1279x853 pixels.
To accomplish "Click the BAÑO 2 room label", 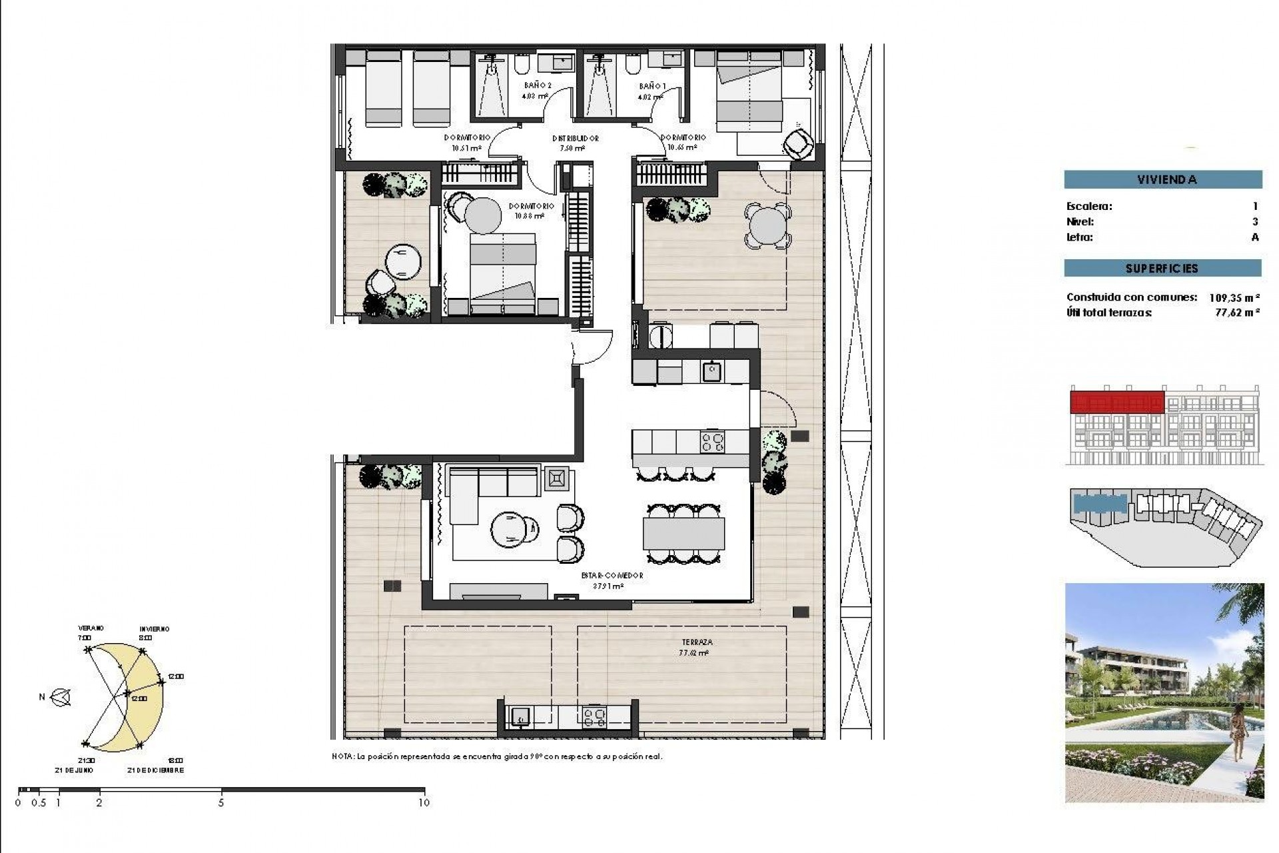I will point(538,86).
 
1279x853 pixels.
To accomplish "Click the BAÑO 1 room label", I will point(651,87).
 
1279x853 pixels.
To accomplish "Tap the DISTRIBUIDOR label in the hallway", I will point(575,139).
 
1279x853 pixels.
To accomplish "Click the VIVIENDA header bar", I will point(1162,179).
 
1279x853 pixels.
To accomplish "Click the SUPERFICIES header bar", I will point(1162,269).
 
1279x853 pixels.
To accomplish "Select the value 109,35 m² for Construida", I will point(1234,298).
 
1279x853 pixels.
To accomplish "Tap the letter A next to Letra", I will point(1255,237).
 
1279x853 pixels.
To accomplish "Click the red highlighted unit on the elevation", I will point(1116,403).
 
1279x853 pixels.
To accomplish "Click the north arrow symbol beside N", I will point(62,697).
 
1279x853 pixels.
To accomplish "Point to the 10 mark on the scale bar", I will point(424,803).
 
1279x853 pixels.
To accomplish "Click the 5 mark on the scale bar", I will point(221,803).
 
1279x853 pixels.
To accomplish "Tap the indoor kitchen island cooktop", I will point(712,442).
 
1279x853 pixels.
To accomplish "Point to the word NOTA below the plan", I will point(342,757).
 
